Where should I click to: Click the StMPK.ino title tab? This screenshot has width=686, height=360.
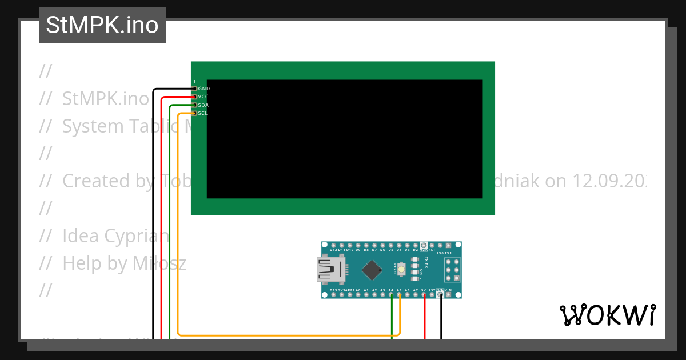tap(102, 25)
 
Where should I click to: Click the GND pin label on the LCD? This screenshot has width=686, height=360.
tap(204, 89)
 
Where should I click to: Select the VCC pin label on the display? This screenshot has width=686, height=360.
tap(204, 97)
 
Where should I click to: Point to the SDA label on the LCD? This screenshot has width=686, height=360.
tap(204, 105)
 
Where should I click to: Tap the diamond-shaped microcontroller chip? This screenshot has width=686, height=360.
tap(372, 270)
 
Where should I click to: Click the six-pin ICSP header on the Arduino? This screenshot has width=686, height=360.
tap(453, 270)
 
